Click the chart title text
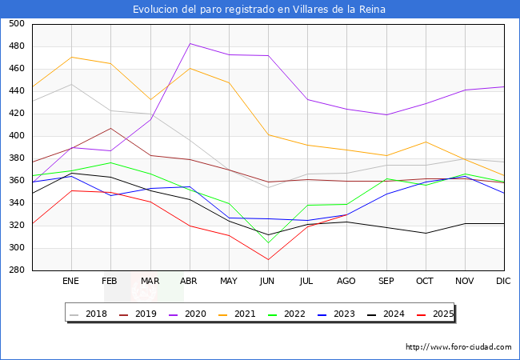point(260,10)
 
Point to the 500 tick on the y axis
point(16,24)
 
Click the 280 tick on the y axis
point(16,270)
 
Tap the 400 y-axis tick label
point(16,136)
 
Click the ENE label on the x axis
point(71,282)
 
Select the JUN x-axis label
point(267,282)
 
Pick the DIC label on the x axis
point(503,282)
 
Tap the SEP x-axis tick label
point(386,282)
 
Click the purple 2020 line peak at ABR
point(190,43)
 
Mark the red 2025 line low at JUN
point(268,260)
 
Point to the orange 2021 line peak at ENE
point(71,57)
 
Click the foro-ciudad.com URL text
point(458,347)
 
